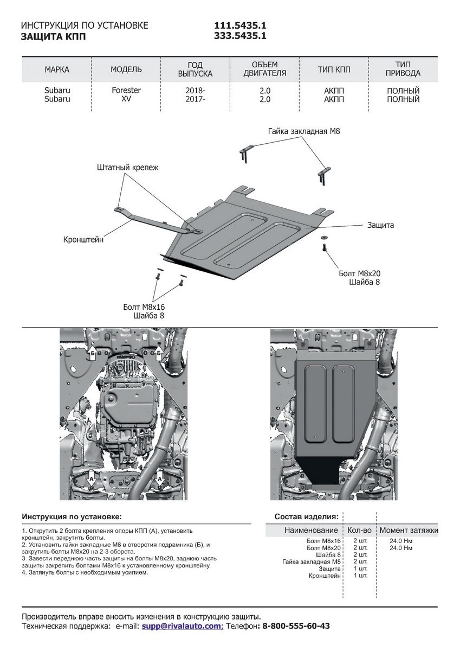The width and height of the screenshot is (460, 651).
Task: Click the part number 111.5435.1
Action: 240,26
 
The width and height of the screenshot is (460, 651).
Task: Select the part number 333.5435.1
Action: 240,36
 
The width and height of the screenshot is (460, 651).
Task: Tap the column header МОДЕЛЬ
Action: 126,69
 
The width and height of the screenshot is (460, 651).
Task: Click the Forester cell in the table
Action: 126,91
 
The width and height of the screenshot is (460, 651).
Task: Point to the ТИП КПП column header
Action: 334,69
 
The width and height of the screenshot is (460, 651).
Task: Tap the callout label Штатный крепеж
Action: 128,168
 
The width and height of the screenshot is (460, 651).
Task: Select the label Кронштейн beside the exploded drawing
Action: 83,239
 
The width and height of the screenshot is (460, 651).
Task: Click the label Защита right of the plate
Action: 380,225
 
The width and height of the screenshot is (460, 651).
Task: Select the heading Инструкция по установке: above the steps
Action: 72,516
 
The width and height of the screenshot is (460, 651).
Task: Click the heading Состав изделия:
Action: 307,516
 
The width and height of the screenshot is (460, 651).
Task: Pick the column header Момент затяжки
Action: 409,530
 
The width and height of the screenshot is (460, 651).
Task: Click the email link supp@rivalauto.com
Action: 182,626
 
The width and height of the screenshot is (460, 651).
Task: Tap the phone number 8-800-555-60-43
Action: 296,626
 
